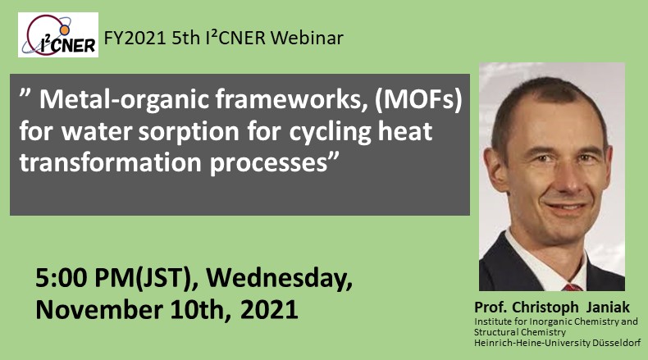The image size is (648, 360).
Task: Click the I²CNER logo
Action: point(58,34)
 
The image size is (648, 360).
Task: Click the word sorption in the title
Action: point(189,132)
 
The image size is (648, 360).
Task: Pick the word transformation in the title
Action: point(111,162)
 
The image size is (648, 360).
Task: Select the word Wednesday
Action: point(280,279)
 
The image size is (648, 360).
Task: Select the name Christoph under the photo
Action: point(545,308)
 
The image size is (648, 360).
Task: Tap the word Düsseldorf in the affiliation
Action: point(617,343)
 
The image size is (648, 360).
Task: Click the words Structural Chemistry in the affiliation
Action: point(520,332)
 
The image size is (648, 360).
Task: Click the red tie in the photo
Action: point(573,287)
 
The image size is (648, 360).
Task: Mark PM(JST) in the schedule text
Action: point(146,278)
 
